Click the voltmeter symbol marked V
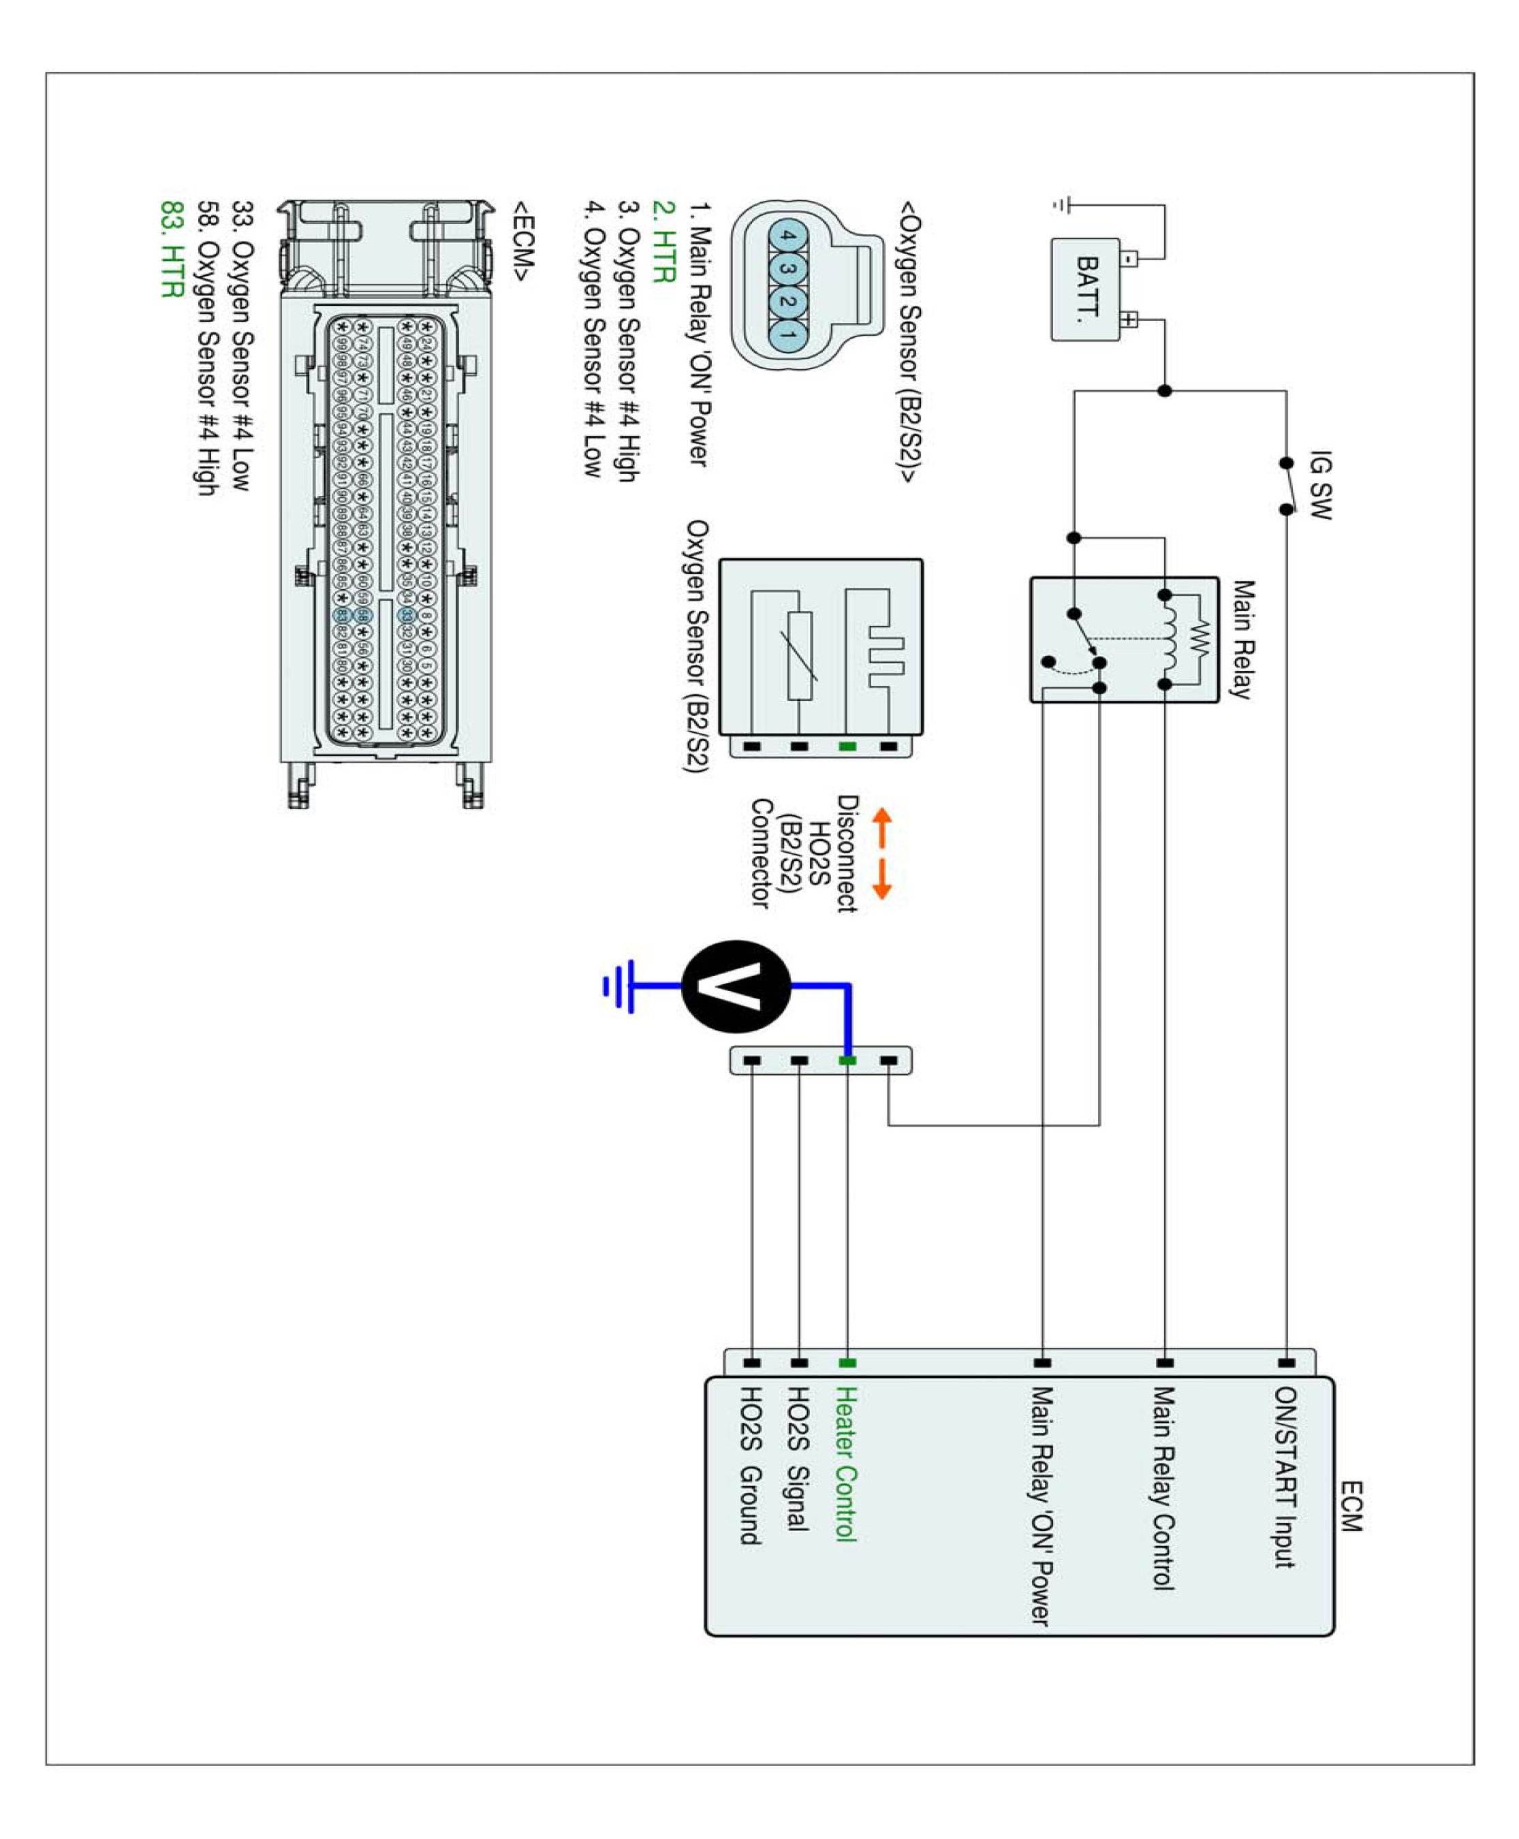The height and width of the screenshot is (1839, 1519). [735, 986]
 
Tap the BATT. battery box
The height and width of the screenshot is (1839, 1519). [1086, 289]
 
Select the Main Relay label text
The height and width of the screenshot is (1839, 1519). [1242, 639]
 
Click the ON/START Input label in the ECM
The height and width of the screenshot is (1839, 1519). [1285, 1476]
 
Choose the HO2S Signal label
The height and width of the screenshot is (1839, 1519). [798, 1458]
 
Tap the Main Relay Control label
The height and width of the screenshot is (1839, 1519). [1162, 1488]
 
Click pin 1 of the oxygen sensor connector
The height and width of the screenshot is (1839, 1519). [787, 335]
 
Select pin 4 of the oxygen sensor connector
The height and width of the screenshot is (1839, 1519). [787, 236]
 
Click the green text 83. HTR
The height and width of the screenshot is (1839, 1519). [172, 249]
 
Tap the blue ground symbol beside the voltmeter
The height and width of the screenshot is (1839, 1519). [618, 986]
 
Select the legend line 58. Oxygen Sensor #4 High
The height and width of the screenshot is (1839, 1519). [206, 348]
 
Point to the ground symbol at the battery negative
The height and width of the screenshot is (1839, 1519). [1061, 206]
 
